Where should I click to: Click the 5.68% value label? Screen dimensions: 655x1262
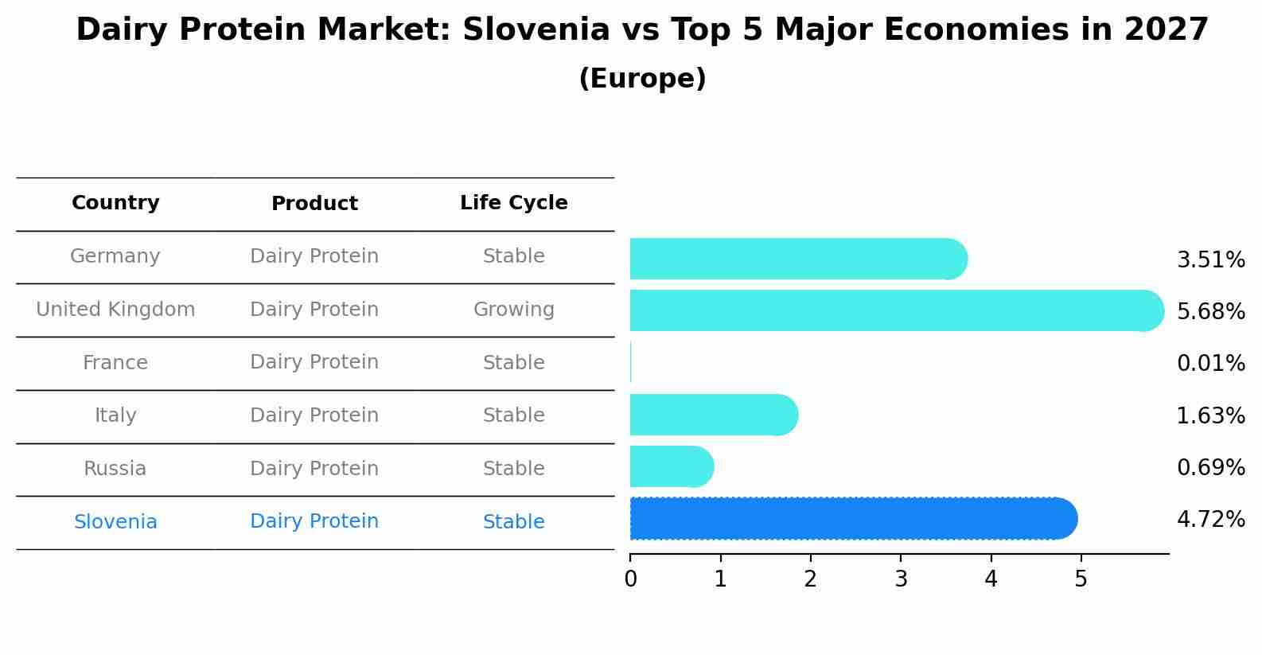coord(1210,311)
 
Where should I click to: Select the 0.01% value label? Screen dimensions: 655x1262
coord(1210,364)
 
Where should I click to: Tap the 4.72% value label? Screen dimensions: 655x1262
coord(1210,520)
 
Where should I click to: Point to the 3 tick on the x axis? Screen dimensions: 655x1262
coord(901,579)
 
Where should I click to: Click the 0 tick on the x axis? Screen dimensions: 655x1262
coord(630,579)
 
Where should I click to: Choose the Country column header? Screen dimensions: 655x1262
coord(115,203)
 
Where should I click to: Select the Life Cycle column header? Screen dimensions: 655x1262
coord(513,203)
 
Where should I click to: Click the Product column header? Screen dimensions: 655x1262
coord(314,204)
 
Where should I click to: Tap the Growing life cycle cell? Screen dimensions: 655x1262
coord(513,310)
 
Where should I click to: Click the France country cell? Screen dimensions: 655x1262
coord(115,363)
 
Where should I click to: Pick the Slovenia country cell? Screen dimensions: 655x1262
coord(115,522)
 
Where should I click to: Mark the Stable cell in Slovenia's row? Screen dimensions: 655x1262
coord(513,522)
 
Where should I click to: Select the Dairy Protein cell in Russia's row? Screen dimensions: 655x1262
coord(314,469)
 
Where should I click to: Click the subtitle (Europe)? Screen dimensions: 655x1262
coord(642,79)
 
